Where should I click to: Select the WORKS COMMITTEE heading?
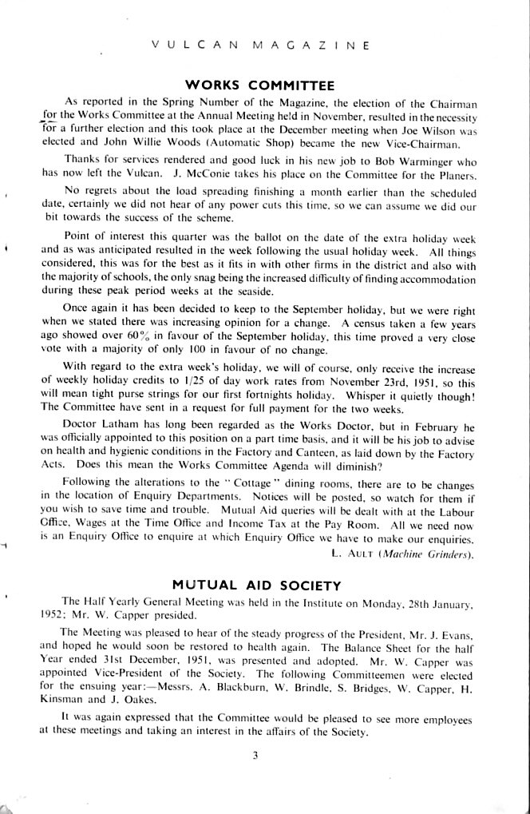click(259, 84)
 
